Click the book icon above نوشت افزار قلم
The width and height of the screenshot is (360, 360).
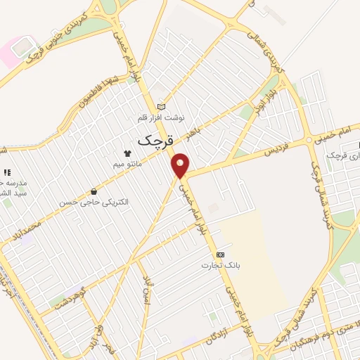162,105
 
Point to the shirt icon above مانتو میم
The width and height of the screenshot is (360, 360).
127,153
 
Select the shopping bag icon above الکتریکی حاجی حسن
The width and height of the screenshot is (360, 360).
93,191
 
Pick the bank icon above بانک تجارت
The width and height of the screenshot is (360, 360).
221,253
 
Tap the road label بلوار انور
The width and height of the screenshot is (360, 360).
278,92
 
